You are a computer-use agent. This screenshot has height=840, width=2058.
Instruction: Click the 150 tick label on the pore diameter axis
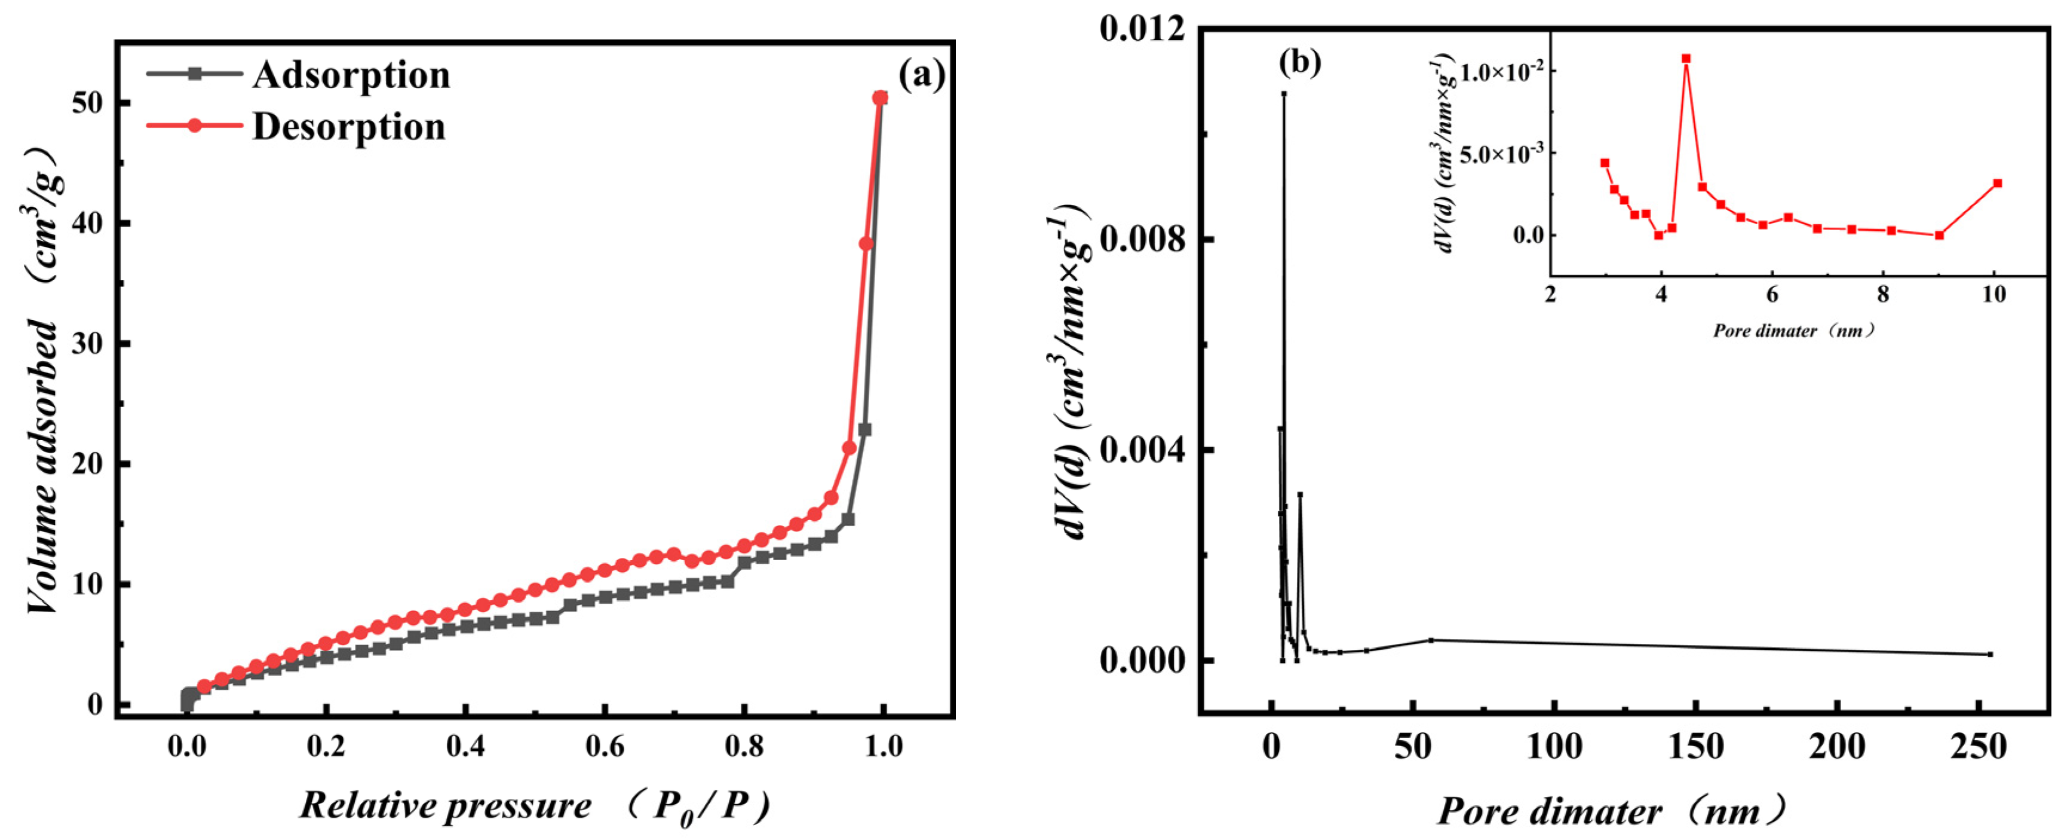click(x=1695, y=747)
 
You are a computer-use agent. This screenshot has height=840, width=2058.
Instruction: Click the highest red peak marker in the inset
click(x=1686, y=59)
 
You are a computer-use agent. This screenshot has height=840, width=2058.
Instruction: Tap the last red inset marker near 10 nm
click(x=1997, y=183)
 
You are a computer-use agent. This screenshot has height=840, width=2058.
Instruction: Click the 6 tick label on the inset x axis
click(x=1772, y=294)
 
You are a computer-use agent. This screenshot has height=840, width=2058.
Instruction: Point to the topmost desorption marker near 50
click(x=879, y=97)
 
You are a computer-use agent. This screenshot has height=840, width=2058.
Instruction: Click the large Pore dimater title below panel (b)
click(x=1550, y=811)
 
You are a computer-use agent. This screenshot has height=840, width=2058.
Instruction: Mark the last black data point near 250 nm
click(x=1990, y=654)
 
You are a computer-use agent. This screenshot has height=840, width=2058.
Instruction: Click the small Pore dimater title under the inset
click(x=1766, y=330)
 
